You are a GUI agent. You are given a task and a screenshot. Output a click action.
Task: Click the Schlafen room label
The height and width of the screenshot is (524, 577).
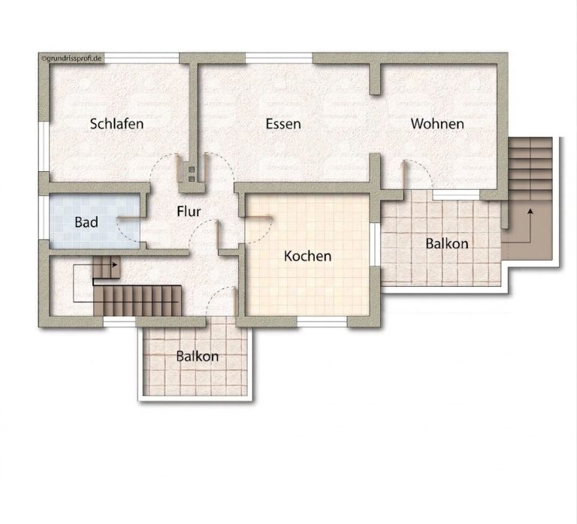pyautogui.click(x=116, y=124)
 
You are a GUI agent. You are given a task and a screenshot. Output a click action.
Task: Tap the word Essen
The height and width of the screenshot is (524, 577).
pyautogui.click(x=283, y=124)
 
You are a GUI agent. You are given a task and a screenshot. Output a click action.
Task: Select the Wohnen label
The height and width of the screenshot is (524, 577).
pyautogui.click(x=437, y=124)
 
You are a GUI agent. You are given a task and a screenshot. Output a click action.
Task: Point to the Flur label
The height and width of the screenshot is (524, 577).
pyautogui.click(x=189, y=212)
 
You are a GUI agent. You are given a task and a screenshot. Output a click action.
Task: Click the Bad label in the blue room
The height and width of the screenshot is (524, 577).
pyautogui.click(x=86, y=222)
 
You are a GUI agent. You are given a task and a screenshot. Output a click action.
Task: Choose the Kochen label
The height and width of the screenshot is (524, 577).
pyautogui.click(x=307, y=256)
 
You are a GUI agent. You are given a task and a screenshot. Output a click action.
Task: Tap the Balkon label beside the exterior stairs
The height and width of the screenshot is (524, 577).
pyautogui.click(x=447, y=243)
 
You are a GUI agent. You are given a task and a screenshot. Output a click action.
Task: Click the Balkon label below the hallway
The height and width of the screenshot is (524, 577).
pyautogui.click(x=198, y=356)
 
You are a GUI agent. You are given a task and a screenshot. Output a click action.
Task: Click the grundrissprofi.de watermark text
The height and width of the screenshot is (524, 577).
pyautogui.click(x=72, y=58)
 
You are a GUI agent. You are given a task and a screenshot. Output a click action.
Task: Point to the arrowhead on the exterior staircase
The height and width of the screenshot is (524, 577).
pyautogui.click(x=530, y=211)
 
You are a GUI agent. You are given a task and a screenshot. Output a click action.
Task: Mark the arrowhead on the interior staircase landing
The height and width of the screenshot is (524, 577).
pyautogui.click(x=115, y=264)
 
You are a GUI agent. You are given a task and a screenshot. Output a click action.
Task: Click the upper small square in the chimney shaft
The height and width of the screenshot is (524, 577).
pyautogui.click(x=192, y=170)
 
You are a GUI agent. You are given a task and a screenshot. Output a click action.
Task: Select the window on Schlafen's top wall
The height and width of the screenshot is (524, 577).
pyautogui.click(x=141, y=58)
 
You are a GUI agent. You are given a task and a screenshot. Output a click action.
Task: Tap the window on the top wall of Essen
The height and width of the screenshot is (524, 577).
pyautogui.click(x=279, y=58)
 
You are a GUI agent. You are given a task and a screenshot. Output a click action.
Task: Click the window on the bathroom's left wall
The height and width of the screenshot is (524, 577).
pyautogui.click(x=44, y=217)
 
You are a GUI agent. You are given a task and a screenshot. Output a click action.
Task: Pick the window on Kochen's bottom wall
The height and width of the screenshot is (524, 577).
pyautogui.click(x=322, y=322)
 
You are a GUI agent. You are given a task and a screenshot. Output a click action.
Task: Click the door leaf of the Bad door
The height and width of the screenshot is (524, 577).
pyautogui.click(x=128, y=218)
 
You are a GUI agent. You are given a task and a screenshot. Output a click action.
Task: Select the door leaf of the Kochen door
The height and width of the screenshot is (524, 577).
pyautogui.click(x=257, y=217)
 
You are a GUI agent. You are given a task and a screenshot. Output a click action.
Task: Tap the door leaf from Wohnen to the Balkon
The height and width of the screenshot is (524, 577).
pyautogui.click(x=403, y=174)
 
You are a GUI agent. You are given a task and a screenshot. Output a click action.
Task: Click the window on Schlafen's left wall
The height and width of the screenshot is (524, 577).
pyautogui.click(x=44, y=146)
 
